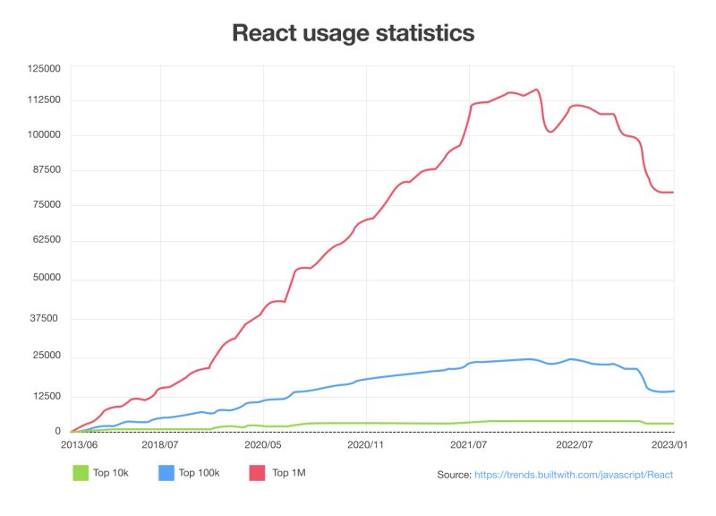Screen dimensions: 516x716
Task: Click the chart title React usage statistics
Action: coord(353,33)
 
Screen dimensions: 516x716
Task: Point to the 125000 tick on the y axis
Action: coord(44,68)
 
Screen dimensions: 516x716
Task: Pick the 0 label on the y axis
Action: coord(56,432)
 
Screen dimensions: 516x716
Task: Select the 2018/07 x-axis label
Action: coord(162,443)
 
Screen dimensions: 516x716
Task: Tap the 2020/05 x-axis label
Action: coord(264,443)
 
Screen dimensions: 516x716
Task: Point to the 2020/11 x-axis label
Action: coord(366,443)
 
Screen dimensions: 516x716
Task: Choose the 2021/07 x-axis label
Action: coord(468,443)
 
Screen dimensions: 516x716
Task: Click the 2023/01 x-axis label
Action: coord(669,443)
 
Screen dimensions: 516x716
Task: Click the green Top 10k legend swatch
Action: coord(81,472)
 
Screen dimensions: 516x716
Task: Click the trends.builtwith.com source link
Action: coord(573,475)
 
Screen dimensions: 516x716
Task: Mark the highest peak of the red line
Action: coord(536,90)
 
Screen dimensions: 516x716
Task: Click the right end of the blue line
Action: coord(673,391)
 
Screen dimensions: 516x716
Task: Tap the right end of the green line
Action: coord(673,423)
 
